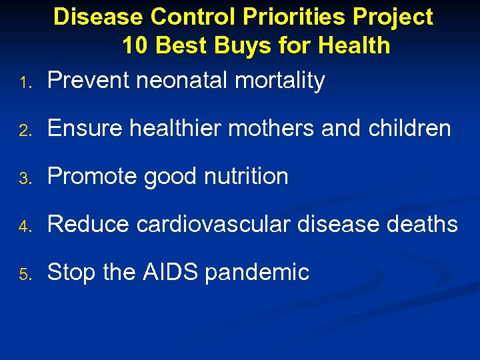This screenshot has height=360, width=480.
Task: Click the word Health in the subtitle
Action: pos(355,45)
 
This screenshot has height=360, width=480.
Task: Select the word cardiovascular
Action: pos(213,224)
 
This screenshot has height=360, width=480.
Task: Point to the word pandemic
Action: pos(257,272)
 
